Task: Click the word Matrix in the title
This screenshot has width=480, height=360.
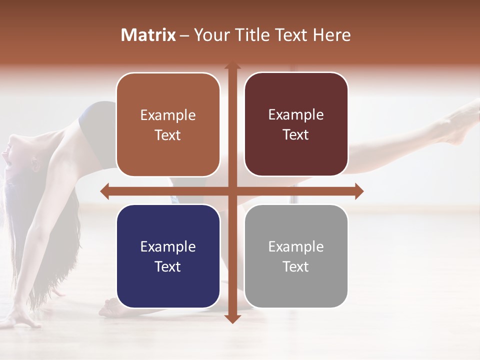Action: pos(148,35)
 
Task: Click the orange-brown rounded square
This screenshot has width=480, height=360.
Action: pos(168,125)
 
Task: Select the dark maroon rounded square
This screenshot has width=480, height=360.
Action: pos(296,124)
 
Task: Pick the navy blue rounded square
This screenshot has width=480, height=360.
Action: pos(168,256)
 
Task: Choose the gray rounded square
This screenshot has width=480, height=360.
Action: pos(296,256)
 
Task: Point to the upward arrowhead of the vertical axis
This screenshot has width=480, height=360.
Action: pos(232,66)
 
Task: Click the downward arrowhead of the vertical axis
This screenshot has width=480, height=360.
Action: pos(232,318)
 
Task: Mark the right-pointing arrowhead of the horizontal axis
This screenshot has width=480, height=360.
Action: pos(359,191)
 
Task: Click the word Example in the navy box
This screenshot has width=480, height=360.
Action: pos(168,246)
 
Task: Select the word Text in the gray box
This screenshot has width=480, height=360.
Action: pos(296,266)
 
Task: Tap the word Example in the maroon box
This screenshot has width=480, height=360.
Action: pos(296,114)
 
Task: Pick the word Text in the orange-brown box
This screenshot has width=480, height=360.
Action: pos(168,135)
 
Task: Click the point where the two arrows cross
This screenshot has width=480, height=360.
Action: pos(232,191)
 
